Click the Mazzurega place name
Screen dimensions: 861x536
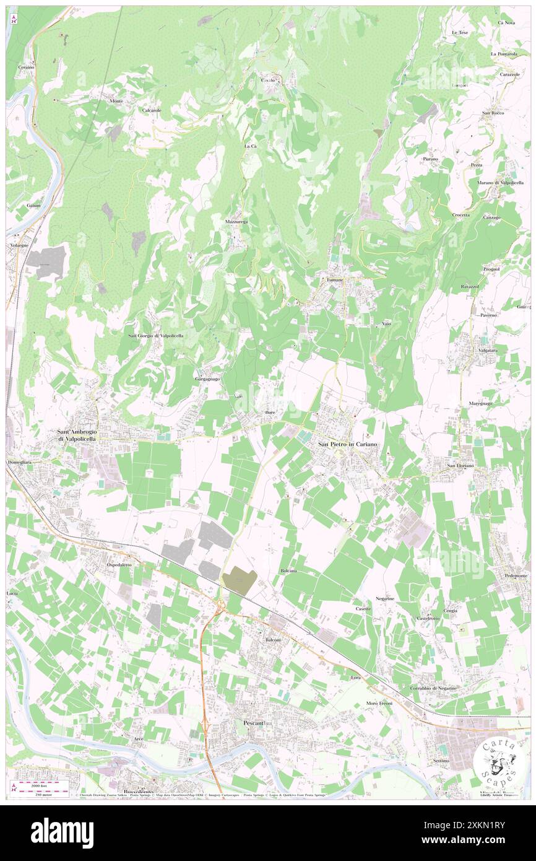(x=236, y=221)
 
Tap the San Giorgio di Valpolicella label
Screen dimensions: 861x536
(x=155, y=336)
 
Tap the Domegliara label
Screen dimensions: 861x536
(x=24, y=462)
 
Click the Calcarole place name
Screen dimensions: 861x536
(x=152, y=110)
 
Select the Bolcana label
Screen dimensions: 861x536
(x=288, y=570)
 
